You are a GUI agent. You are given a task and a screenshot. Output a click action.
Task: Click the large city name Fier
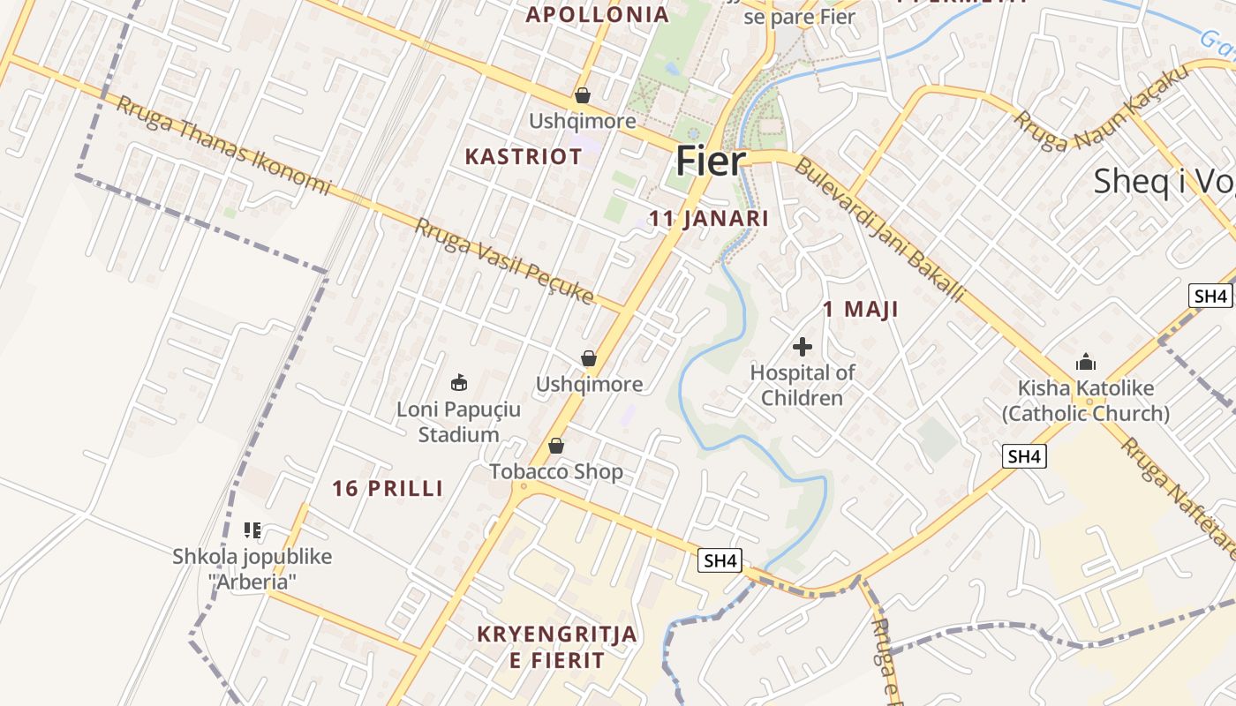[711, 161]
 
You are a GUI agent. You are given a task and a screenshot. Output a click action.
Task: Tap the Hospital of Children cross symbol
[803, 347]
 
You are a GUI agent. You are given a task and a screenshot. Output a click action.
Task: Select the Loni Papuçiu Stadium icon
[459, 383]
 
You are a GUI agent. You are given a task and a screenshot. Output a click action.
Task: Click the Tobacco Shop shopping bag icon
[556, 447]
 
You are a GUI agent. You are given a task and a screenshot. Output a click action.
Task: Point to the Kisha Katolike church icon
[1085, 362]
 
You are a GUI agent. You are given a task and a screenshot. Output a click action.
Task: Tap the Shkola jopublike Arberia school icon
[252, 530]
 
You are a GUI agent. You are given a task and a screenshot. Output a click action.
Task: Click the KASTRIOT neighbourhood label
[524, 157]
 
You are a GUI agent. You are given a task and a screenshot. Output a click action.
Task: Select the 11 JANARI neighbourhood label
[709, 219]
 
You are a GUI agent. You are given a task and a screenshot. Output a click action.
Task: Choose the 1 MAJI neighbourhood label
[861, 309]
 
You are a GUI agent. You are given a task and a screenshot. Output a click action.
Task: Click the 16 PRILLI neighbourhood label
[388, 488]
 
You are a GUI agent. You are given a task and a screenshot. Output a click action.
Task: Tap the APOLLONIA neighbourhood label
[598, 14]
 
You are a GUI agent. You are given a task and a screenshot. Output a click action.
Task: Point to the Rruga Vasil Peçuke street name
[504, 261]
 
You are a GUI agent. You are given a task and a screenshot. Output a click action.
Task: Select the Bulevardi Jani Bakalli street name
[879, 229]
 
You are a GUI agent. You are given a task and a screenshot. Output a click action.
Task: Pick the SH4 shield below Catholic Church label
[1024, 456]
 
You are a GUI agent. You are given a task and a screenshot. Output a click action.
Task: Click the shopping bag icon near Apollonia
[583, 95]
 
